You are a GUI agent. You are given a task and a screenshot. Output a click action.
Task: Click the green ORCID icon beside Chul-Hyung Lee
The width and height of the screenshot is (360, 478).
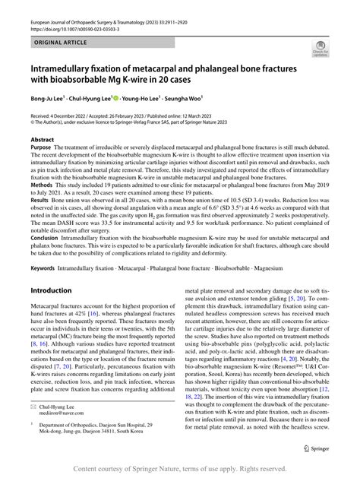pos(115,97)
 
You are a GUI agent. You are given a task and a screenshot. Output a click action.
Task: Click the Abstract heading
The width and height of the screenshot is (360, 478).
pos(43,140)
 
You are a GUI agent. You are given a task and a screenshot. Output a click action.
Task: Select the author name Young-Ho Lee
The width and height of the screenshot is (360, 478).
pos(146,98)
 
